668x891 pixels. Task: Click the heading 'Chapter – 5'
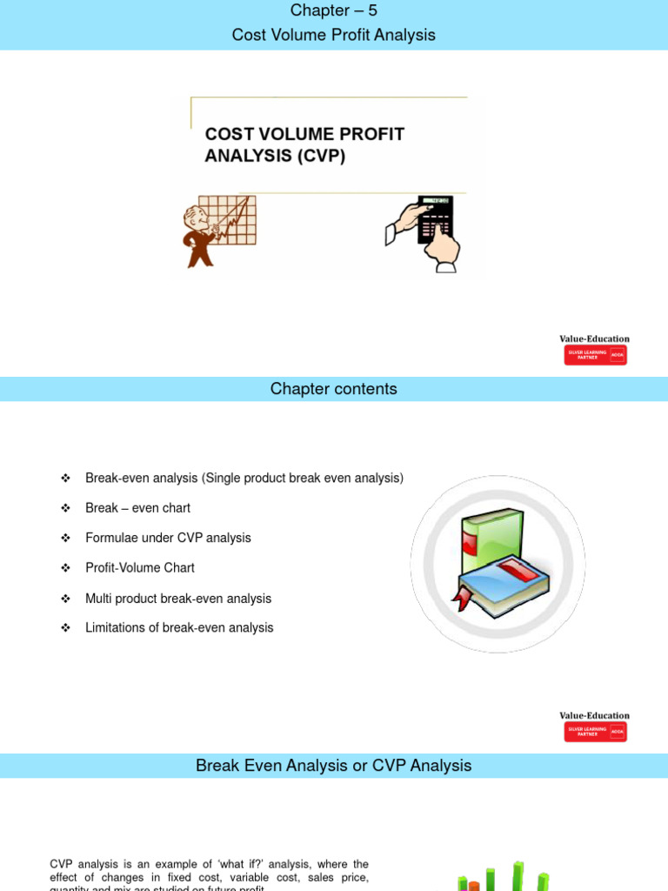point(334,10)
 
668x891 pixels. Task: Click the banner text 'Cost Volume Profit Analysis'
point(334,35)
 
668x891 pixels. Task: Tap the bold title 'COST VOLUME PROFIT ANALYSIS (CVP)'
point(304,145)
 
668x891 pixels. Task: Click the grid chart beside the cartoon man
point(233,219)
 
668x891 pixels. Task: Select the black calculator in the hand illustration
point(435,220)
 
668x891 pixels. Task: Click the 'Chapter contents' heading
point(334,389)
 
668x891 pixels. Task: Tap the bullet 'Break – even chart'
point(137,508)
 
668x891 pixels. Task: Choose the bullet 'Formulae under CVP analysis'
point(168,538)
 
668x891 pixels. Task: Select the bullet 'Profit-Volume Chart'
point(140,567)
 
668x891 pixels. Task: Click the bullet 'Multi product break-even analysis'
point(178,599)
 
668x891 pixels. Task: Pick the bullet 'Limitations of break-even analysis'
point(179,627)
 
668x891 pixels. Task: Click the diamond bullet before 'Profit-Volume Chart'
point(65,567)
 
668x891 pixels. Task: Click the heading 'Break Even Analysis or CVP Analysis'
point(334,766)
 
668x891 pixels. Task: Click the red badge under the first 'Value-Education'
point(595,355)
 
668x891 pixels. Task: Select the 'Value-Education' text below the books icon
point(595,716)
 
